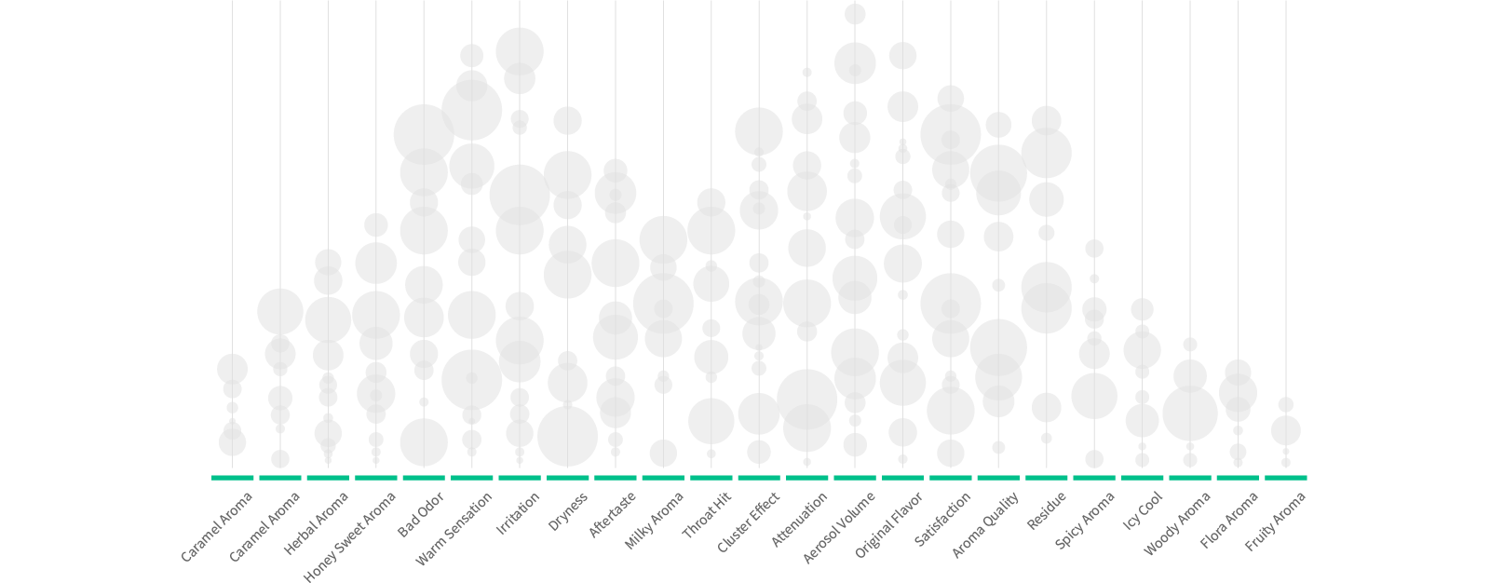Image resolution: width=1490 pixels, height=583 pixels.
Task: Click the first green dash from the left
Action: pos(233,478)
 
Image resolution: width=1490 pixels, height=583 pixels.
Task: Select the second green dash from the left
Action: pos(280,478)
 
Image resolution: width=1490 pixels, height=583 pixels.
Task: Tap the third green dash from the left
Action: pos(328,478)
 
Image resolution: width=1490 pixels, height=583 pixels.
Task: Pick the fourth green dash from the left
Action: pos(376,478)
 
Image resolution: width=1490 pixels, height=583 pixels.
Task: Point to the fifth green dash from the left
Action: pos(424,478)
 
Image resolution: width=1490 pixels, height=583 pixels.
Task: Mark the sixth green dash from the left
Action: pos(472,478)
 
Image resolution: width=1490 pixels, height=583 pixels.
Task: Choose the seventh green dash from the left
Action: pos(520,478)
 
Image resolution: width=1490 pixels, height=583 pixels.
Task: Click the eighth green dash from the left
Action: pos(568,478)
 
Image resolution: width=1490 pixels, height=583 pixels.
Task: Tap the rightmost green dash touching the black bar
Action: pos(1286,478)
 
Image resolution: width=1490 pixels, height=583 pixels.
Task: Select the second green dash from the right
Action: pos(1238,478)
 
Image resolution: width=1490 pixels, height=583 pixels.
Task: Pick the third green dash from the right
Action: pos(1190,478)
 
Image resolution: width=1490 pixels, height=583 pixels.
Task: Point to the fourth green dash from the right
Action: pos(1143,478)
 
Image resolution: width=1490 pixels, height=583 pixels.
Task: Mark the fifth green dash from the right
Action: pos(1094,478)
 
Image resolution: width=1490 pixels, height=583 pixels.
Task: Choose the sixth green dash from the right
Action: pos(1047,478)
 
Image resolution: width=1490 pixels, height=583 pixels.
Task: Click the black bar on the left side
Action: pos(90,291)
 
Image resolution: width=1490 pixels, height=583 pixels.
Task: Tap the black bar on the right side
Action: pos(1399,291)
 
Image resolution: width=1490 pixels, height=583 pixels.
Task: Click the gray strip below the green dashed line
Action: pos(745,535)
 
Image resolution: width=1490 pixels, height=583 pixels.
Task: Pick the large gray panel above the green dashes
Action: pos(759,233)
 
